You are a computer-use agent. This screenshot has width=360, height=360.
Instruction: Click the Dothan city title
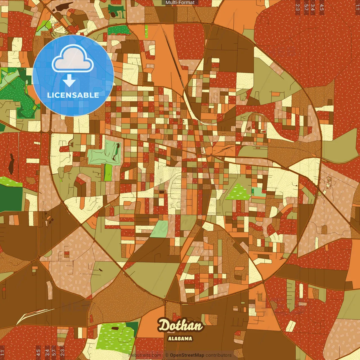pos(180,326)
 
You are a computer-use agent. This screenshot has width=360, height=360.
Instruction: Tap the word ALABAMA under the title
pos(180,339)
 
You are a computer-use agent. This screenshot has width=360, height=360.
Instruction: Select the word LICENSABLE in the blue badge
pos(73,95)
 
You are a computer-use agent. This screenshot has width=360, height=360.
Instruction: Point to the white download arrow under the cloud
pos(69,81)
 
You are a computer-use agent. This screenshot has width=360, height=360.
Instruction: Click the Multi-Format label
pos(180,3)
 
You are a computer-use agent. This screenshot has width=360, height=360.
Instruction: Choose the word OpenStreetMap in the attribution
pos(187,355)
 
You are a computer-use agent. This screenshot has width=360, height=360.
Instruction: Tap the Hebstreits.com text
pos(145,355)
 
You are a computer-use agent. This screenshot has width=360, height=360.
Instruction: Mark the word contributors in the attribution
pos(219,355)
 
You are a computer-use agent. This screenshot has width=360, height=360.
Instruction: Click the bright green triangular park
pos(238,192)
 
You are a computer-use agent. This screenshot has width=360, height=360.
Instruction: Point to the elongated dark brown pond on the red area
pos(11,163)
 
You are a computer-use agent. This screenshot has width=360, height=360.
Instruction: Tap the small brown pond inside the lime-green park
pos(115,328)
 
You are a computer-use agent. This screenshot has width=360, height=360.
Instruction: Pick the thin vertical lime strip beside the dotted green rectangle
pos(146,31)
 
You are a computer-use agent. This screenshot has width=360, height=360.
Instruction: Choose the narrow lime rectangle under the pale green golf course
pos(108,172)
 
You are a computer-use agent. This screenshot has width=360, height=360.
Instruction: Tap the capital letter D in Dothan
pos(164,326)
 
